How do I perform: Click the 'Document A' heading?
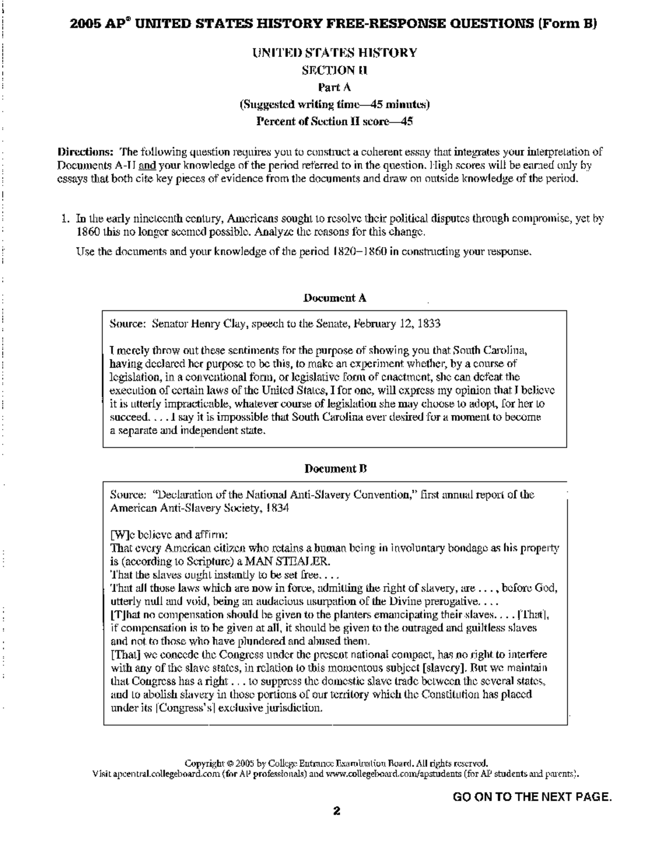[335, 298]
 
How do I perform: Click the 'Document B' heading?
[335, 469]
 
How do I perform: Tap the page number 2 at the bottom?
[336, 811]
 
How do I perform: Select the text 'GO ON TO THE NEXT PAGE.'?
[532, 797]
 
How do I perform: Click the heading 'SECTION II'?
[334, 70]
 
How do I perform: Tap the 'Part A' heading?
[334, 87]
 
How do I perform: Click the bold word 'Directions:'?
[87, 152]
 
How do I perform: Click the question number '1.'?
[65, 219]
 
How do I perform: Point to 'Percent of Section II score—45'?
[335, 121]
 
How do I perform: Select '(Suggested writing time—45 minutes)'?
[334, 104]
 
